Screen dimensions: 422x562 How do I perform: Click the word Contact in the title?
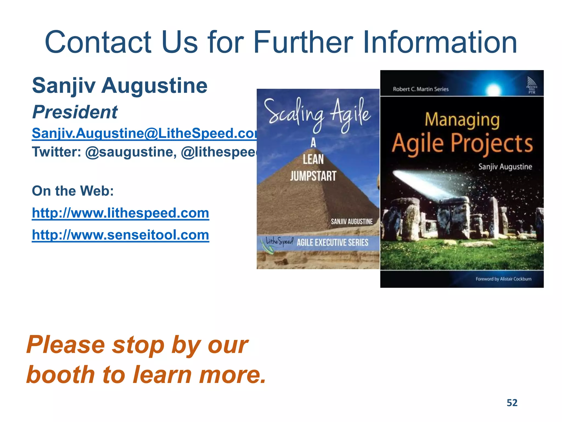coord(98,43)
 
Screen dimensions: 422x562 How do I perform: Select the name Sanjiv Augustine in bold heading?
coord(120,85)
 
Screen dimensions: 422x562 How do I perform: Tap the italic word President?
coord(75,112)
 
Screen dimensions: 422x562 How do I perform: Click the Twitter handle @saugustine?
coord(131,152)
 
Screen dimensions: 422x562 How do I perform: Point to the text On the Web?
coord(73,191)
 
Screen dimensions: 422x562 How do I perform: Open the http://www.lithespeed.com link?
coord(120,213)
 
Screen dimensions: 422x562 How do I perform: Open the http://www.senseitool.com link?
coord(120,235)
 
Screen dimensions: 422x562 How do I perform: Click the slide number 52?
coord(512,403)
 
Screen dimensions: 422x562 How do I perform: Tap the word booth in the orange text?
coord(61,375)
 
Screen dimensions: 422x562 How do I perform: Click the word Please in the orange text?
coord(66,345)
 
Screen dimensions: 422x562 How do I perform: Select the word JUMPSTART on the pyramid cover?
coord(313,176)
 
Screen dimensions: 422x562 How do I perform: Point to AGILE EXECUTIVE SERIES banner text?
coord(332,243)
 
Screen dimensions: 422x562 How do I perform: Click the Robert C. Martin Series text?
coord(421,89)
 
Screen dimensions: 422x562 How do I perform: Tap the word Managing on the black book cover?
coord(462,120)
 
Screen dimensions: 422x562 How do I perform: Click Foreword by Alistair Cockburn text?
coord(503,279)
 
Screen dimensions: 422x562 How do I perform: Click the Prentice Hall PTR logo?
coord(532,85)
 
